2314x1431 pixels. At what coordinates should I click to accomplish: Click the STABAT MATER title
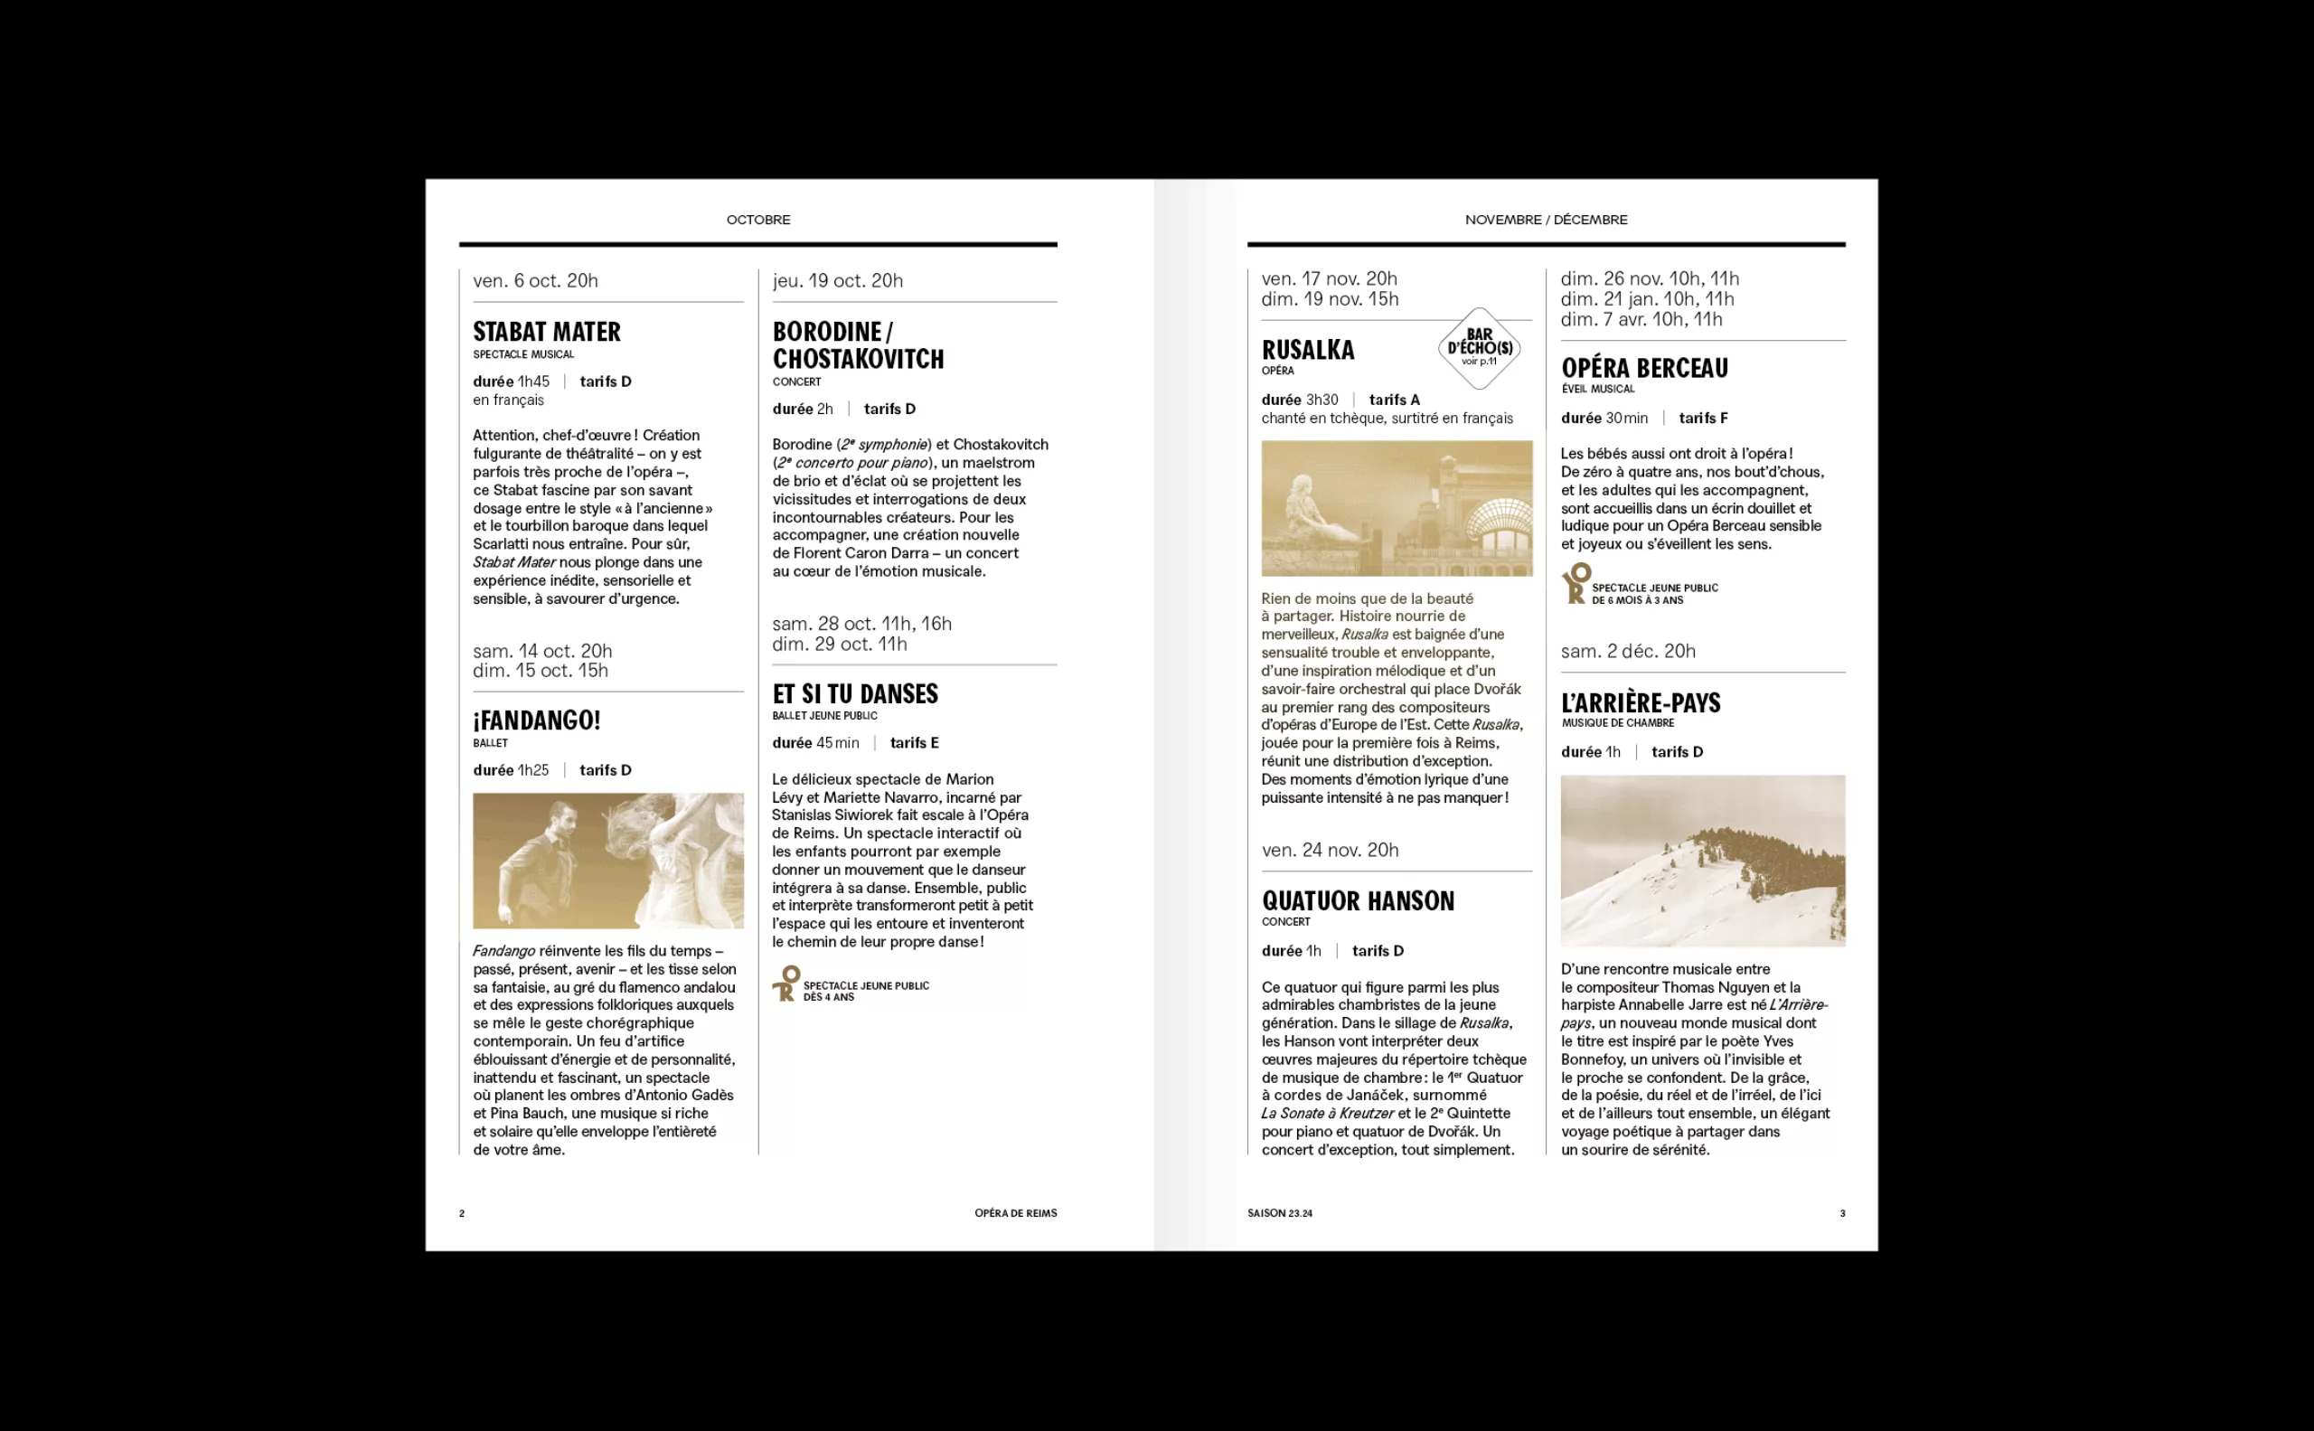[546, 332]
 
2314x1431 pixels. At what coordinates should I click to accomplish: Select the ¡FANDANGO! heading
[536, 720]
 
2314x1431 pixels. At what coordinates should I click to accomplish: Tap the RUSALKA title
[1307, 350]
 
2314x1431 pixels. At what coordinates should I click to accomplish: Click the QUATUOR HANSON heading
[1357, 901]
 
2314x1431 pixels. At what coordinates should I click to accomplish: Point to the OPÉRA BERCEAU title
[1644, 368]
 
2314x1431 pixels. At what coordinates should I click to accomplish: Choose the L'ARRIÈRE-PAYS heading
[1641, 703]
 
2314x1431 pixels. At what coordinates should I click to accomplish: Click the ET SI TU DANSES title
[854, 693]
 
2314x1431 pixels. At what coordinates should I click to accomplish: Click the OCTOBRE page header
[758, 220]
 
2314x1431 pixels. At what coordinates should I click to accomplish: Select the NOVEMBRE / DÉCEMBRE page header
[1546, 220]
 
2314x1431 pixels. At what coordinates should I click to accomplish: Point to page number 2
[462, 1213]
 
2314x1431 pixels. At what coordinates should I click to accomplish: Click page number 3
[1842, 1213]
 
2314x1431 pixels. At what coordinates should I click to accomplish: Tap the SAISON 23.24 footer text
[1280, 1213]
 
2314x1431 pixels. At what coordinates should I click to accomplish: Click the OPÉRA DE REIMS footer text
[1015, 1213]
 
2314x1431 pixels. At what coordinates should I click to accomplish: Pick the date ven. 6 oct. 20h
[535, 281]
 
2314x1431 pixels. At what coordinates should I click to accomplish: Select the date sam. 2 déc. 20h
[1628, 651]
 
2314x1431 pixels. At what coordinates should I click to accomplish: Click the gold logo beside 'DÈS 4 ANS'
[785, 984]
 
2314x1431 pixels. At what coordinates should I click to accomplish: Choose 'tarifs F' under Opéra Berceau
[1703, 419]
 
